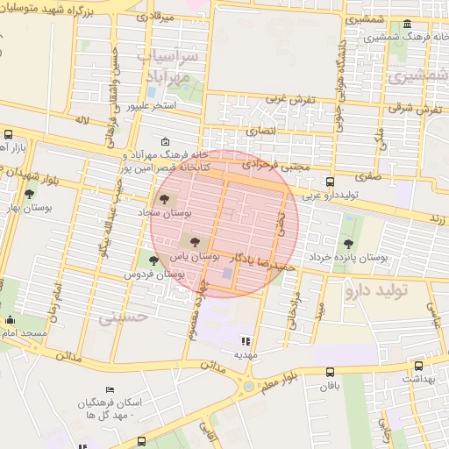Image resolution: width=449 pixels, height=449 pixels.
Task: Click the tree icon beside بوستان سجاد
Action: [167, 200]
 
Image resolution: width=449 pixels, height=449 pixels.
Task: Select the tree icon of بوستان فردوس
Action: [153, 260]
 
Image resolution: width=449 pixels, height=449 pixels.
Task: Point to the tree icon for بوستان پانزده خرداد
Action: [349, 244]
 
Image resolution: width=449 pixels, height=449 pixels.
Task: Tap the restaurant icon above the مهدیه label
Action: [245, 341]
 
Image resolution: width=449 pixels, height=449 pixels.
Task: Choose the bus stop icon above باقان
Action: [329, 372]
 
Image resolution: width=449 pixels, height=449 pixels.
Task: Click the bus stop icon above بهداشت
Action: [417, 366]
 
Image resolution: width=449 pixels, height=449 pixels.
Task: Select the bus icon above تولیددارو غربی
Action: [329, 182]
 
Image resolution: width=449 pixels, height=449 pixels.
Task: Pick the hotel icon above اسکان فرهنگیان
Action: [110, 389]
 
